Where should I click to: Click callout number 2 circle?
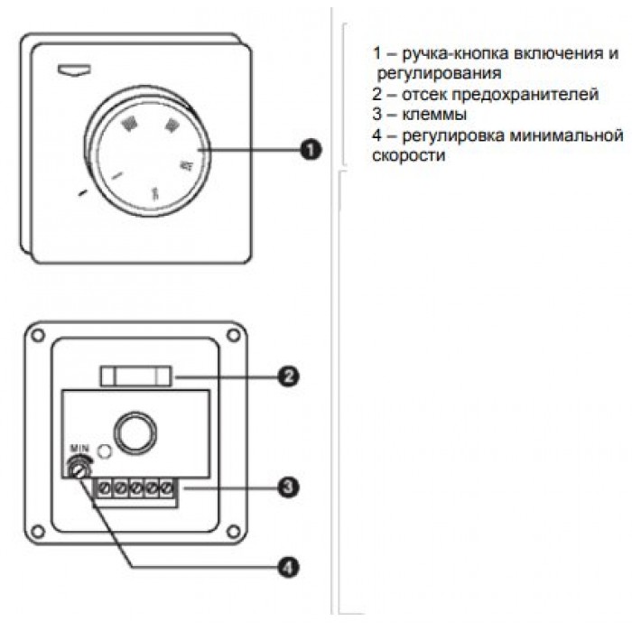pos(287,376)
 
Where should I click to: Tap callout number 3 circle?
pos(287,488)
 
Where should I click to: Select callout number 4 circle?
pos(287,568)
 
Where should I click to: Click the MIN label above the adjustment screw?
pos(79,449)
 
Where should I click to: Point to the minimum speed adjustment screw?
pos(81,469)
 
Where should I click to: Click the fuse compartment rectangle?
pos(138,375)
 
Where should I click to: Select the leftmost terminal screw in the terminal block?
pos(102,488)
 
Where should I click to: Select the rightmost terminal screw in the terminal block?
pos(166,488)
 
